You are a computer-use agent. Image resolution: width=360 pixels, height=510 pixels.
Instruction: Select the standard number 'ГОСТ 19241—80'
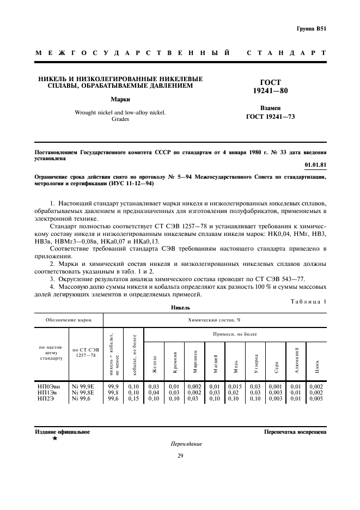266,86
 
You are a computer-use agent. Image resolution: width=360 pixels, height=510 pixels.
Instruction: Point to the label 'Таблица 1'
309,301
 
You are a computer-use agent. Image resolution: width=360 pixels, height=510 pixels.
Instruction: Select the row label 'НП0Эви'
49,386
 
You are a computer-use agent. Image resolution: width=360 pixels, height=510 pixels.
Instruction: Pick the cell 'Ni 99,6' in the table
82,398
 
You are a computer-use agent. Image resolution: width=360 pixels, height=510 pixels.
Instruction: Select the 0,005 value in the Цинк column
316,398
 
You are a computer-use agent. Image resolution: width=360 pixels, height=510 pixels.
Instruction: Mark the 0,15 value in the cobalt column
133,398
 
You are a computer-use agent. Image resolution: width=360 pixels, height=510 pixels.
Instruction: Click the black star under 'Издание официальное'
54,438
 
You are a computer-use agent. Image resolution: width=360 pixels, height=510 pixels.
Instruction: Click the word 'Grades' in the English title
120,119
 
